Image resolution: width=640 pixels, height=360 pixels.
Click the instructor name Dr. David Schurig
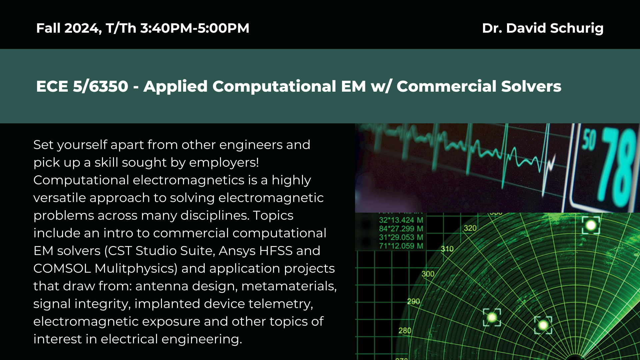[543, 28]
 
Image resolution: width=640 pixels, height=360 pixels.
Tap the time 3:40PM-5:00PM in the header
[195, 28]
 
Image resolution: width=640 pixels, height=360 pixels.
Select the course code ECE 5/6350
[82, 86]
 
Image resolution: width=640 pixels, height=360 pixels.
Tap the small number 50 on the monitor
[589, 140]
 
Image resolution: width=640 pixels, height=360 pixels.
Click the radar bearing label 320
[470, 228]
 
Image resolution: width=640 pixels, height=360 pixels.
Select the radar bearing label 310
[447, 249]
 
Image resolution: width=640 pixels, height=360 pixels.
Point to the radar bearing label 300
[428, 274]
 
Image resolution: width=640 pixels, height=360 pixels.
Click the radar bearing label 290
[414, 301]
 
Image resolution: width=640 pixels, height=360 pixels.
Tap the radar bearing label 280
[405, 331]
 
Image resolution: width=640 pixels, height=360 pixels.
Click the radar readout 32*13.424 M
[401, 220]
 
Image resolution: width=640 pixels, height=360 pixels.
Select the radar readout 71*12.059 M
[401, 246]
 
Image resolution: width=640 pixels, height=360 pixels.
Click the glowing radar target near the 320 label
[591, 225]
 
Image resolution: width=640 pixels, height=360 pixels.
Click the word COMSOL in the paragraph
[62, 268]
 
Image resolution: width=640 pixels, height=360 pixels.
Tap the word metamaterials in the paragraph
[289, 286]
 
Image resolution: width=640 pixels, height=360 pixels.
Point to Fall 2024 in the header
[69, 28]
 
